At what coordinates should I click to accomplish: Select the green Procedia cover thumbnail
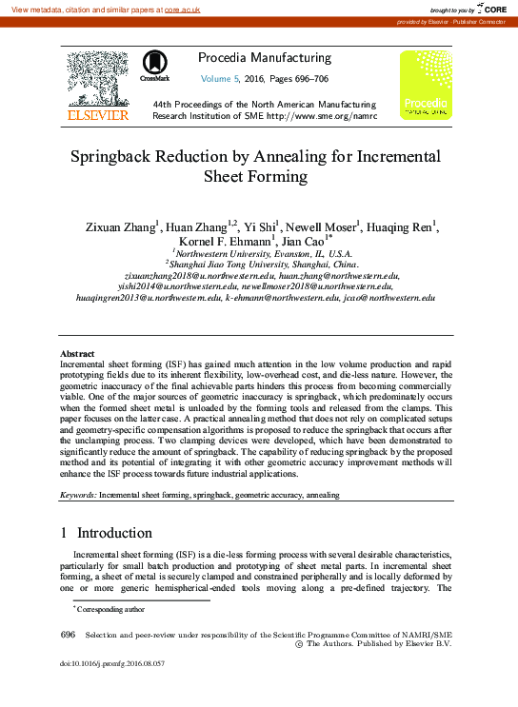click(x=424, y=85)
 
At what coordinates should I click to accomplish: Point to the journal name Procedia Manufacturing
click(x=265, y=58)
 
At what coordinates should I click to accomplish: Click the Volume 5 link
click(x=225, y=78)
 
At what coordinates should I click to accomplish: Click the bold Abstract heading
click(x=79, y=354)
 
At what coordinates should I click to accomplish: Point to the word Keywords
click(x=78, y=496)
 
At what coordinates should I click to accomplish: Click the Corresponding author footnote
click(x=110, y=608)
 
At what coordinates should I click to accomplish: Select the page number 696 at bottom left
click(x=68, y=634)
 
